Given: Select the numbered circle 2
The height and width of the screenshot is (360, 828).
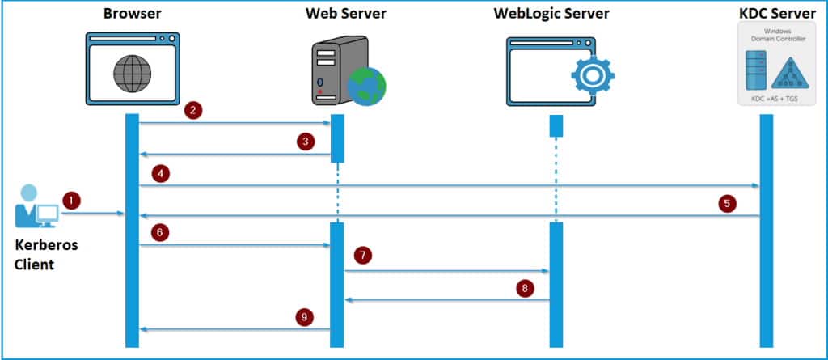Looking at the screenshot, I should [x=192, y=110].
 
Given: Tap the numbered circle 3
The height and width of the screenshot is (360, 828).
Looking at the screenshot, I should [x=305, y=142].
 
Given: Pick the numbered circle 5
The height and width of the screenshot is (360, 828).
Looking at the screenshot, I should [x=728, y=204].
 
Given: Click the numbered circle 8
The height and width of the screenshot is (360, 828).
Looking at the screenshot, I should [x=526, y=287].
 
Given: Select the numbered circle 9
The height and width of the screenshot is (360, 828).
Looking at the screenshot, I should [x=305, y=317].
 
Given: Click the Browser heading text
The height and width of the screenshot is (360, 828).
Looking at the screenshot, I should [x=133, y=14].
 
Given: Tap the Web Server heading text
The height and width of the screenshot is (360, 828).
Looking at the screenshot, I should [x=345, y=14].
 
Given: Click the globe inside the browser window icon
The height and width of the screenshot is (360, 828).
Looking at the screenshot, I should [x=132, y=75].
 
